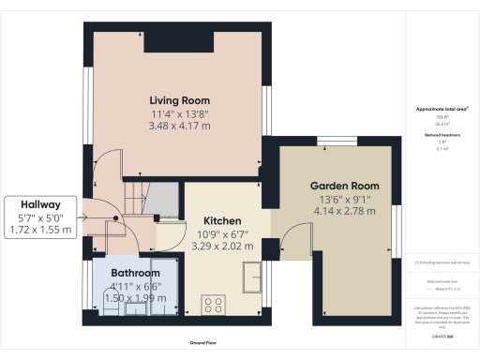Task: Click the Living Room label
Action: [179, 100]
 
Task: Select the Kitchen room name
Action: [223, 221]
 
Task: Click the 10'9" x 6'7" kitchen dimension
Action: [223, 234]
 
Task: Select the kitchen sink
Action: [254, 277]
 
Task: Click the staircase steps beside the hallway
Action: [132, 198]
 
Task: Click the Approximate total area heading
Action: [441, 109]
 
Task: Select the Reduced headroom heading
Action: [441, 135]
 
